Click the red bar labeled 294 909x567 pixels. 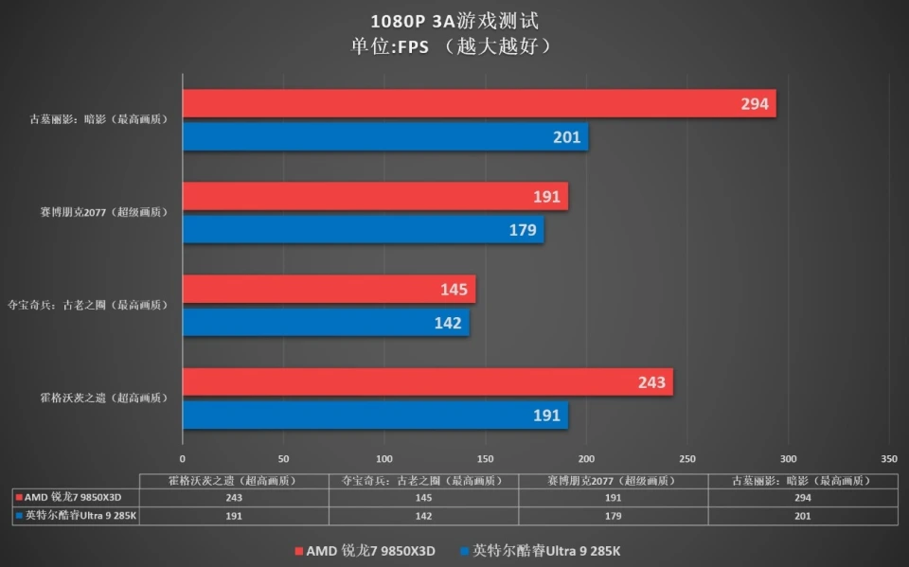click(478, 104)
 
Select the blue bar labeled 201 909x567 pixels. click(384, 137)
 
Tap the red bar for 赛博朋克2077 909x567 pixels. click(375, 197)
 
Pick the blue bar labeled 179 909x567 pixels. click(363, 230)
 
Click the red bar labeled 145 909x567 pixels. click(329, 290)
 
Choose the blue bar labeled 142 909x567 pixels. click(326, 323)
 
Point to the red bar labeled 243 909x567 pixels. click(427, 382)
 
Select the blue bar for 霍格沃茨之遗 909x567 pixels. click(375, 416)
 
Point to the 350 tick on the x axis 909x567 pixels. click(888, 459)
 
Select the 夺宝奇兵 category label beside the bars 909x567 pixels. click(87, 306)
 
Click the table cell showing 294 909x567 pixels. click(803, 497)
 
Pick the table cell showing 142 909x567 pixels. click(424, 516)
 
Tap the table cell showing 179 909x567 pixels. click(614, 516)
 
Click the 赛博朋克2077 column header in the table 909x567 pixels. click(614, 480)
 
